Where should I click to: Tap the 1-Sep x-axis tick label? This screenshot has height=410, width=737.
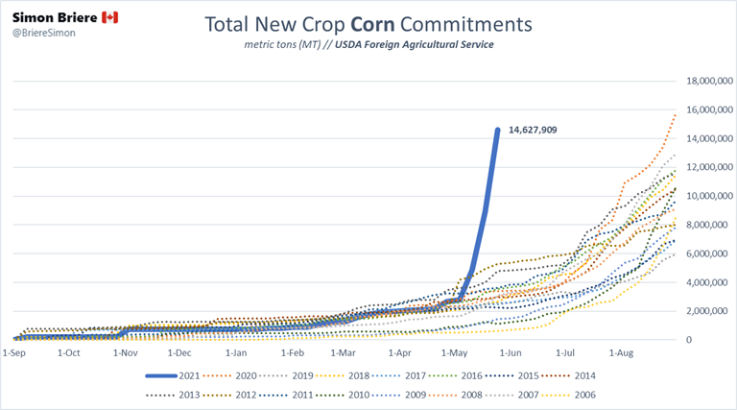point(13,353)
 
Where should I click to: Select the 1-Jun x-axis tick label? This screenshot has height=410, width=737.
point(510,353)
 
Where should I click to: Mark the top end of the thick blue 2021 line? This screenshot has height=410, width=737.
point(497,130)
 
